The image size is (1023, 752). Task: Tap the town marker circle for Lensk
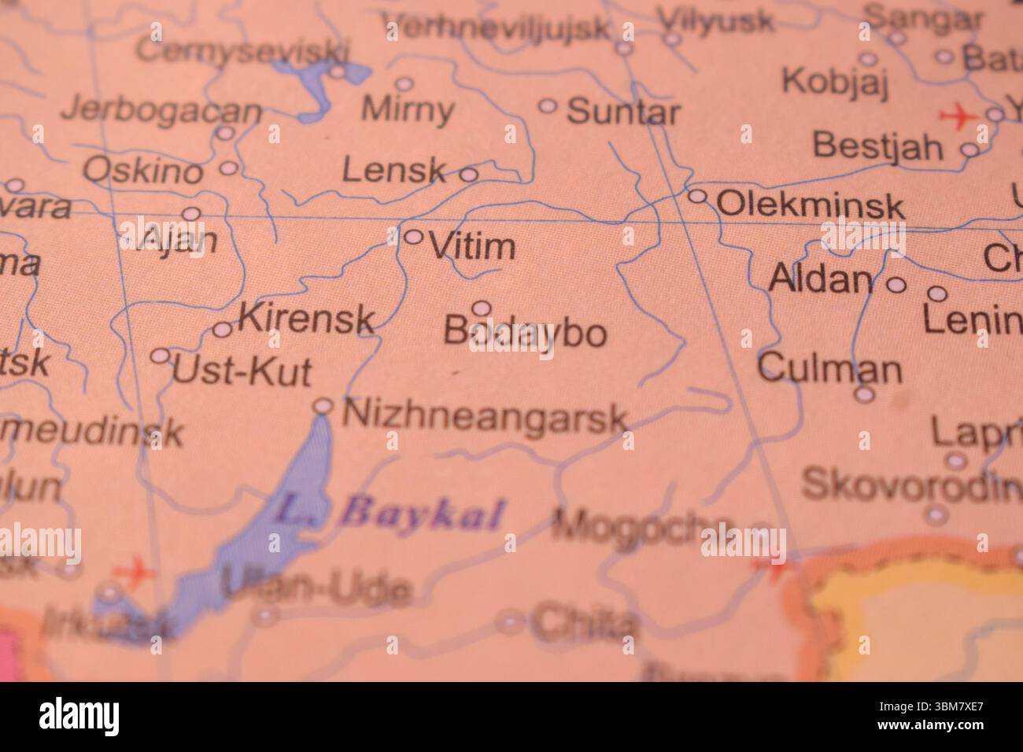point(468,175)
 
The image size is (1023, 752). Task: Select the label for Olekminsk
point(811,206)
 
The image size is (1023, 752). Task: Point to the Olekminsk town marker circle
point(697,196)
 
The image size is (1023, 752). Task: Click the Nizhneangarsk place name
point(486,415)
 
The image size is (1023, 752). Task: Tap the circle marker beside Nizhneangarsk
point(323,406)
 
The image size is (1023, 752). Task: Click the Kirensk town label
point(306,318)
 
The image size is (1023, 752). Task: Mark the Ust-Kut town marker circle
point(161,356)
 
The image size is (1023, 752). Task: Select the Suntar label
point(622,112)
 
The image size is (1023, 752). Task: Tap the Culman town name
point(829,368)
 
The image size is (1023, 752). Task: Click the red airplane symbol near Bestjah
point(957,116)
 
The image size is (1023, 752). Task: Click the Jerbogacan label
point(161,110)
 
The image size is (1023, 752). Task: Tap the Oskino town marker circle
point(228,168)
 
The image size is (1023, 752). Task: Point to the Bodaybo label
point(525,332)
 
